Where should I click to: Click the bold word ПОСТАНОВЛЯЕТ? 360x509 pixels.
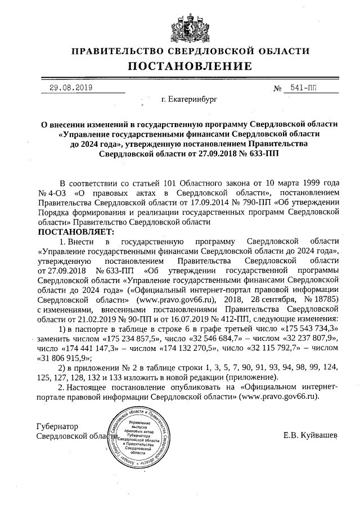pos(75,231)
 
